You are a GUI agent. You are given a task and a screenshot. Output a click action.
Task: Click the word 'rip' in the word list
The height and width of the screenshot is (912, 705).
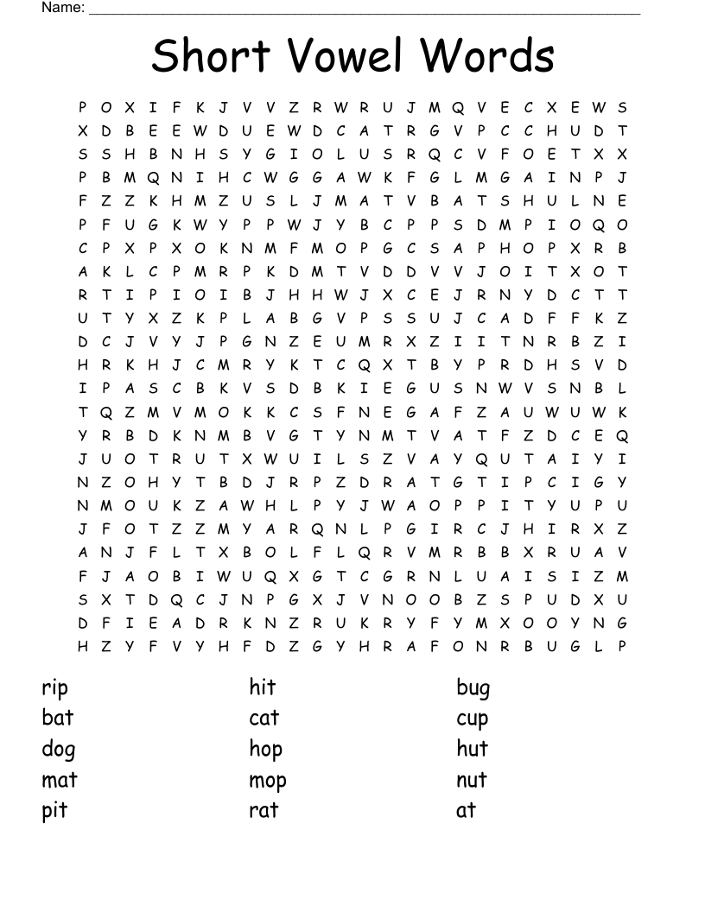click(x=54, y=688)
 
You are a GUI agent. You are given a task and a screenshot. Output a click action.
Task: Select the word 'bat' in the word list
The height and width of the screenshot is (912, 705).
click(x=58, y=718)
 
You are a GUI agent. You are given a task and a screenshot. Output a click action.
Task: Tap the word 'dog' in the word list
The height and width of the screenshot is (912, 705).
click(x=59, y=750)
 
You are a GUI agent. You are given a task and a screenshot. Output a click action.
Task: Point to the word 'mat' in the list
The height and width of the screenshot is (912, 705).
click(x=60, y=780)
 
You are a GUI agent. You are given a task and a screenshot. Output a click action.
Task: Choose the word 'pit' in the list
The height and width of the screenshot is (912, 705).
click(x=54, y=811)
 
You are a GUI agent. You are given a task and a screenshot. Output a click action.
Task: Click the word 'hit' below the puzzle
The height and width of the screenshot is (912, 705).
click(x=262, y=687)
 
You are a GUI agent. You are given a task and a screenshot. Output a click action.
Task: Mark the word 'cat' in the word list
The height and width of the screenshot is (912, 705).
click(x=264, y=718)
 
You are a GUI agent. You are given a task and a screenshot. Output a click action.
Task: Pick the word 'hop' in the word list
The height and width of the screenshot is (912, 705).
click(x=265, y=750)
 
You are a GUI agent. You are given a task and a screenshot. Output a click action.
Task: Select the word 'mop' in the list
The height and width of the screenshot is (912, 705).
click(x=267, y=781)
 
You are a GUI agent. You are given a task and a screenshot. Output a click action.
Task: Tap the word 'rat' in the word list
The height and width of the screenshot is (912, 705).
click(x=264, y=810)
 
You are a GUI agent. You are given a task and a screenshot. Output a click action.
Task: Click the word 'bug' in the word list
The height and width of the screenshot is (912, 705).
click(x=473, y=688)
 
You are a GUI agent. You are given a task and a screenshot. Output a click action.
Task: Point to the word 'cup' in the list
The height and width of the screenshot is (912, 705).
click(x=472, y=719)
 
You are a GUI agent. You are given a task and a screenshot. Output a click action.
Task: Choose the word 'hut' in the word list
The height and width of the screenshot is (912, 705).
click(x=472, y=748)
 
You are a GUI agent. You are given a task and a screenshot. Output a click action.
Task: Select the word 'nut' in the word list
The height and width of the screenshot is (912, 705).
click(x=472, y=780)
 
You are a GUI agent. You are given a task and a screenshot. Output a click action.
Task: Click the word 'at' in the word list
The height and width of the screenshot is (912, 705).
click(x=466, y=810)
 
